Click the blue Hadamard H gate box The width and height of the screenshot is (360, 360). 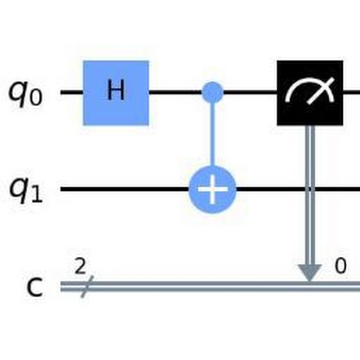click(116, 93)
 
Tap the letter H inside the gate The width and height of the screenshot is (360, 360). click(116, 90)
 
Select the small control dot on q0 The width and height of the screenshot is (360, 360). click(212, 92)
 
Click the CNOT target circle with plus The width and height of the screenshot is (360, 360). click(212, 189)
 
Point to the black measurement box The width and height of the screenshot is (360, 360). click(310, 93)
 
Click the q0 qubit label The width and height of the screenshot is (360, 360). click(26, 94)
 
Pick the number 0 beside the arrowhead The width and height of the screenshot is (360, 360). click(340, 266)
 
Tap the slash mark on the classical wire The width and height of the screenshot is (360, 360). click(87, 287)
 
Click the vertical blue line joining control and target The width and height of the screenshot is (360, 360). click(212, 134)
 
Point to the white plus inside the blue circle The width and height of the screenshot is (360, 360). click(213, 189)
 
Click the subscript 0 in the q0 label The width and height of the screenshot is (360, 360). click(37, 97)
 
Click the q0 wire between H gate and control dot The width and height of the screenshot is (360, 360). click(176, 92)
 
